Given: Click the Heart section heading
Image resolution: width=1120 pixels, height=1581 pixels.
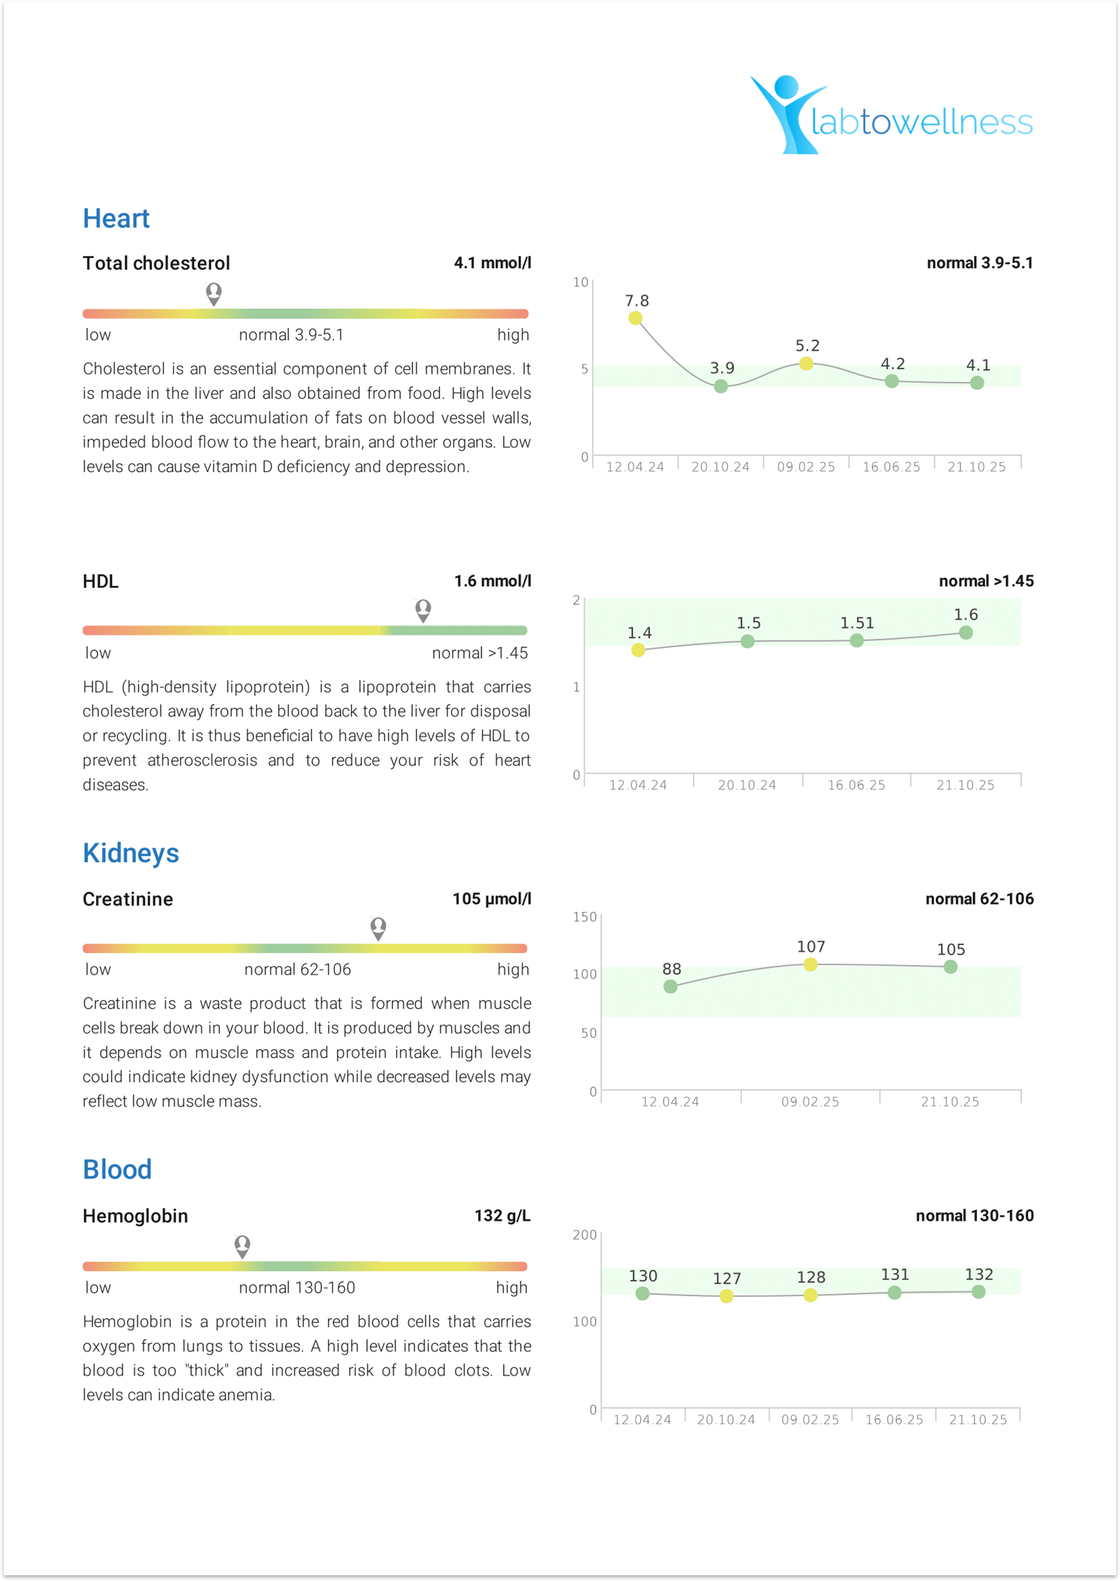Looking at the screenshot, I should click(116, 219).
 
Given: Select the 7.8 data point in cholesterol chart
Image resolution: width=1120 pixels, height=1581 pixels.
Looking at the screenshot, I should click(635, 318).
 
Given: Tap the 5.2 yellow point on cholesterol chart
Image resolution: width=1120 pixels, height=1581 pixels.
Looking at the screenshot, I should click(805, 363).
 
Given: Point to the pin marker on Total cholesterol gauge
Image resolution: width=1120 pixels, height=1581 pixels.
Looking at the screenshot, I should click(214, 293).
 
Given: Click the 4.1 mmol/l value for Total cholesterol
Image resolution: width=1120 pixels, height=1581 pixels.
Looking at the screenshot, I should click(492, 262).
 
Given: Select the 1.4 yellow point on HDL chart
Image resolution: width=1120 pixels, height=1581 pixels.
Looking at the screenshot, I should click(638, 649).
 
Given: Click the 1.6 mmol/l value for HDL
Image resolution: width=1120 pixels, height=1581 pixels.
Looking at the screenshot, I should click(492, 581).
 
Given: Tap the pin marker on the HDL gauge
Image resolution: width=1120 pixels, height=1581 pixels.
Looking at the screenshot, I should click(423, 610).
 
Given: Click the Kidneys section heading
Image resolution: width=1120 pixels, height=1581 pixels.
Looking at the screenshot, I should click(130, 853).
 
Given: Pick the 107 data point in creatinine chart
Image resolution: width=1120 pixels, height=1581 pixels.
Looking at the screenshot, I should click(810, 964).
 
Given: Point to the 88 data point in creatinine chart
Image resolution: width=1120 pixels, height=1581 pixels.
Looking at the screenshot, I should click(671, 987).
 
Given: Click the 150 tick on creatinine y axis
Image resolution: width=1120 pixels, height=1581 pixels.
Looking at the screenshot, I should click(584, 916).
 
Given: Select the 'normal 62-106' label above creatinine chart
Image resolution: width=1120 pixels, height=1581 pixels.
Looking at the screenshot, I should click(980, 899).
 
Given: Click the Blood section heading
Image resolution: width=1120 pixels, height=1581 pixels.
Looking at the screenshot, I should click(117, 1169).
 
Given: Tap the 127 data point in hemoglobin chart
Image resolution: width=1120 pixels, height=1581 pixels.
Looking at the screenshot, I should click(726, 1296).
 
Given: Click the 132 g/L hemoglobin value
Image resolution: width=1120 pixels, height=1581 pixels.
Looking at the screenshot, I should click(502, 1216).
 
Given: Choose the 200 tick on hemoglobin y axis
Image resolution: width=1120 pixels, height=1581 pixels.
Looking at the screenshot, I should click(584, 1235).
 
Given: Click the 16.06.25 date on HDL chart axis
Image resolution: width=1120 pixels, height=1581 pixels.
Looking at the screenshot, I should click(856, 785).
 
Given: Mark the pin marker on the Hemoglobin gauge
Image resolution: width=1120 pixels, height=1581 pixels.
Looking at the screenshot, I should click(242, 1246).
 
